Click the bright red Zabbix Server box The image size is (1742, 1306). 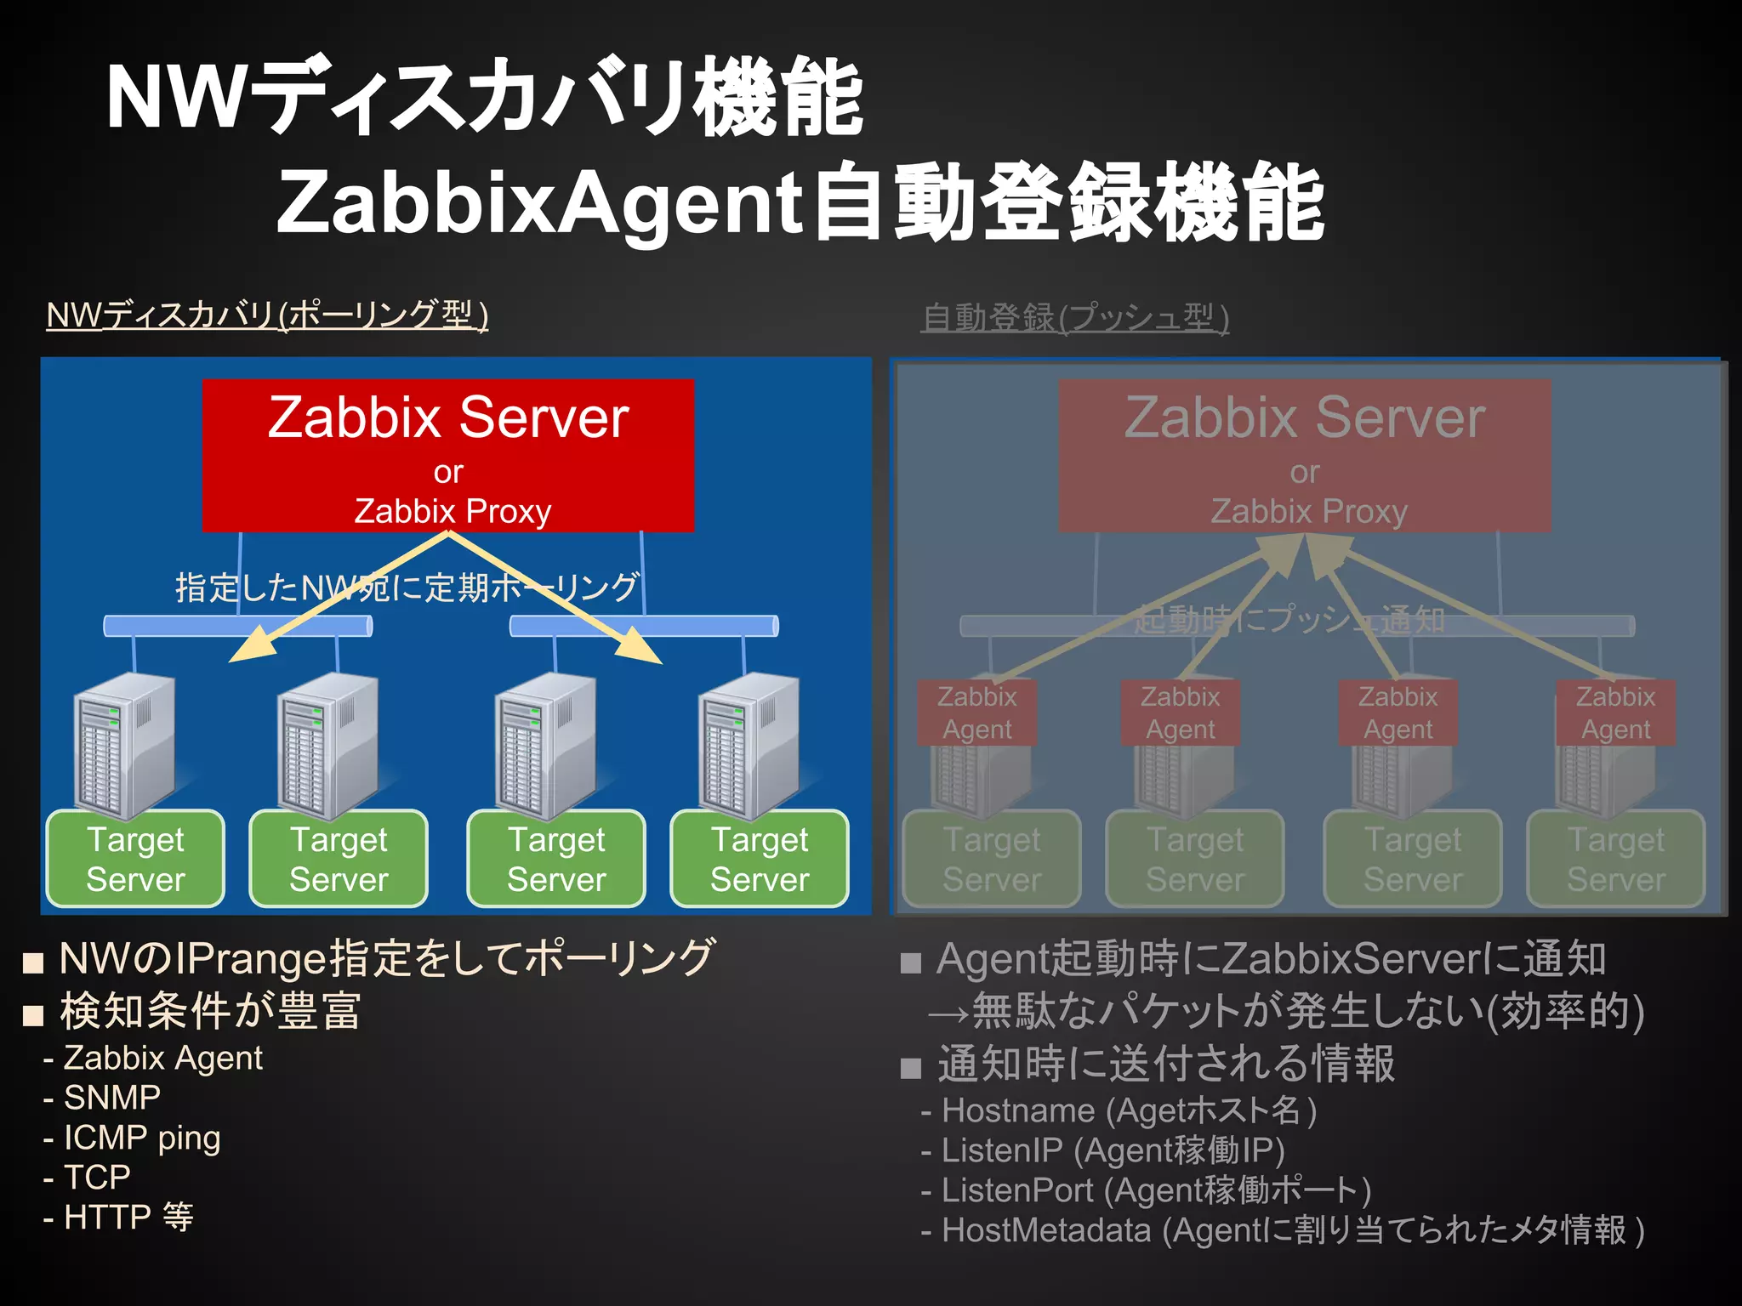tap(448, 455)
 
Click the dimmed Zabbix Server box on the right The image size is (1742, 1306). tap(1304, 455)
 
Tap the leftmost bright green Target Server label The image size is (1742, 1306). tap(135, 859)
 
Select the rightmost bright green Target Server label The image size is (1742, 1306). tap(760, 859)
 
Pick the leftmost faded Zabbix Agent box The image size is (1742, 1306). tap(976, 713)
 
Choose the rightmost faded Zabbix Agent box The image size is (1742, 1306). tap(1615, 713)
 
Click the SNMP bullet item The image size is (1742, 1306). tap(111, 1098)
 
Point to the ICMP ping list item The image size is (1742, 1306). tap(141, 1138)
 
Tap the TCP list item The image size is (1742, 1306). tap(97, 1178)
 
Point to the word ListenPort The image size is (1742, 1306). tap(1017, 1190)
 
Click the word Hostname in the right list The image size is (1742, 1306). tap(1018, 1110)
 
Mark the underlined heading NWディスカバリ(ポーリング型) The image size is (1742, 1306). tap(267, 315)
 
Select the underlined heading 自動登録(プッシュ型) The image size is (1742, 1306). tap(1075, 318)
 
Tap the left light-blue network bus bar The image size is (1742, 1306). tap(238, 627)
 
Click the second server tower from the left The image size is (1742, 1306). tap(327, 744)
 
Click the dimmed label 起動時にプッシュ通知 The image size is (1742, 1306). tap(1289, 620)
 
